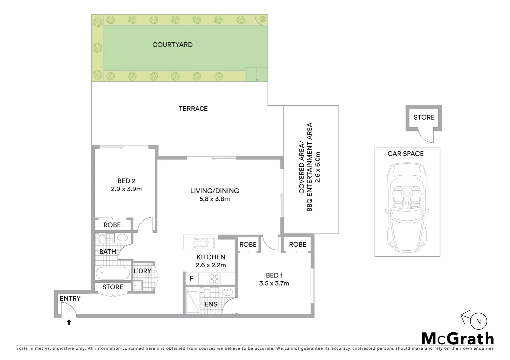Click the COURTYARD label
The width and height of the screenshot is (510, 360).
pos(172,45)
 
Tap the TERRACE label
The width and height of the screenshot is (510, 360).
pos(193,109)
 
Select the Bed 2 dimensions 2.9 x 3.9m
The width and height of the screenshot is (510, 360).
pos(126,189)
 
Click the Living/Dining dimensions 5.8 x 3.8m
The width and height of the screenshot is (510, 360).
pos(214,199)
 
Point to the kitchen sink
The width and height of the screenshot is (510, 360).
pos(204,243)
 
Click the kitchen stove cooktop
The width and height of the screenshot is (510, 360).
pos(214,278)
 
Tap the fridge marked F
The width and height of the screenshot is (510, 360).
pos(191,278)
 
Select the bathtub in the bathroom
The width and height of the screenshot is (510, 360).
pos(112,274)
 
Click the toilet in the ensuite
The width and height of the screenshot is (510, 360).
pos(207,294)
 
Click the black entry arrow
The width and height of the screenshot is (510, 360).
pos(69,322)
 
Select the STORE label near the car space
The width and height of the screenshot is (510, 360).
pos(424,117)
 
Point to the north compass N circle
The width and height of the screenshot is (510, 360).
pos(479,322)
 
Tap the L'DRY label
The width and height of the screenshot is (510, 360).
pos(142,271)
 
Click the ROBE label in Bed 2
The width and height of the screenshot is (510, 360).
pos(112,225)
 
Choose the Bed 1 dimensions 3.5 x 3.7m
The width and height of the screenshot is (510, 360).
pos(274,284)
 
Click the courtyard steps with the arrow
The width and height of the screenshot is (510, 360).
pos(257,74)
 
